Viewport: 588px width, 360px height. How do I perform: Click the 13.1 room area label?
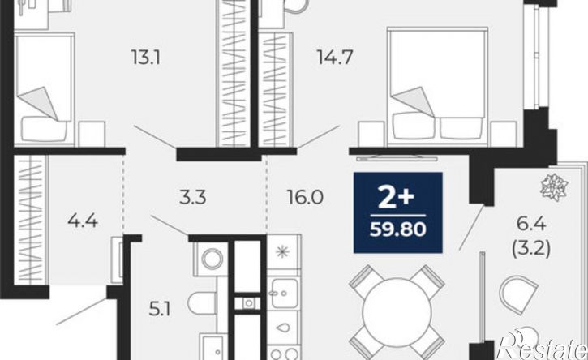click(146, 58)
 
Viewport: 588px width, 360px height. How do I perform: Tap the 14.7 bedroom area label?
click(335, 58)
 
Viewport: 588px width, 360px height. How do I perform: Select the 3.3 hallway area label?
click(193, 198)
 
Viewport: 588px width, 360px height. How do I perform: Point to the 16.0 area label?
click(305, 198)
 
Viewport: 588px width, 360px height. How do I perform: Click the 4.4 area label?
click(83, 221)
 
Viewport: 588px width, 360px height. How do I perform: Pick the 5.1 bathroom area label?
click(160, 310)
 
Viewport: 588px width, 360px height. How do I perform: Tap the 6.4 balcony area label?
click(531, 225)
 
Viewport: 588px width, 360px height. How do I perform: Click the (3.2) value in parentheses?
click(531, 248)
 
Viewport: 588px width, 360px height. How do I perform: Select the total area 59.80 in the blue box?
click(398, 229)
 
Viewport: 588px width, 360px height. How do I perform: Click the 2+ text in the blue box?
click(397, 199)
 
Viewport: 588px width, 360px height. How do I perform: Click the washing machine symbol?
click(212, 259)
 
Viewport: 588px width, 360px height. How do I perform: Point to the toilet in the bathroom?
click(203, 303)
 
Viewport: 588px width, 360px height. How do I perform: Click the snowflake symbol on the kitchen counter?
click(282, 251)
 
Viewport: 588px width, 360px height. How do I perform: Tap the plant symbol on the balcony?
click(554, 187)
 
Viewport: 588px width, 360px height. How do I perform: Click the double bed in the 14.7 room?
click(438, 86)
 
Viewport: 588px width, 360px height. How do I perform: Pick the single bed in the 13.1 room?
click(45, 89)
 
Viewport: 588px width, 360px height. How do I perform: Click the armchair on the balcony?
click(518, 294)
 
